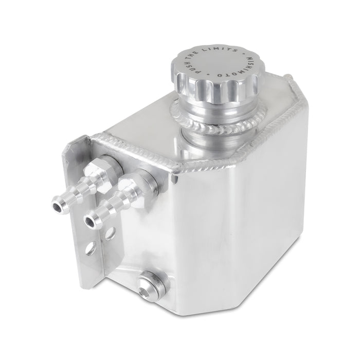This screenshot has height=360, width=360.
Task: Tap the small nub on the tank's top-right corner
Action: (x=290, y=78)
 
